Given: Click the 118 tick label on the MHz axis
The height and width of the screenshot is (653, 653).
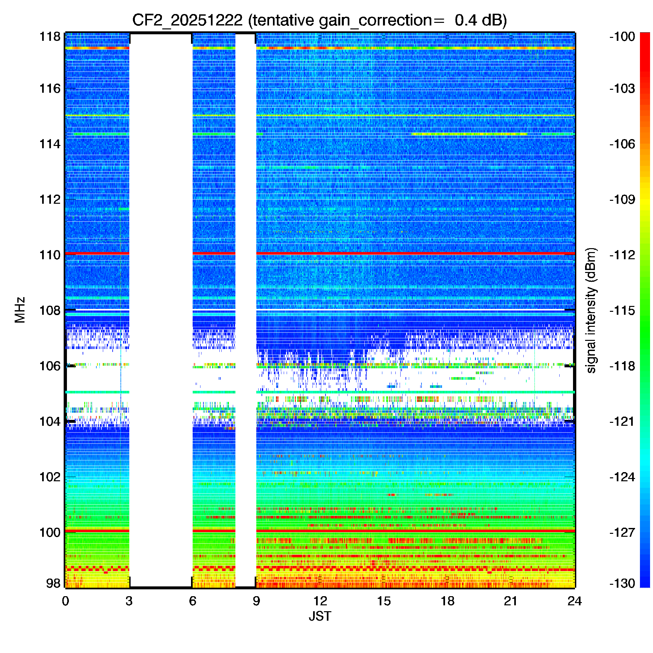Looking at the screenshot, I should point(50,37).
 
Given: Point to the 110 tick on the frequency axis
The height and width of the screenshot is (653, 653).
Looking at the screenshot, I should point(50,255).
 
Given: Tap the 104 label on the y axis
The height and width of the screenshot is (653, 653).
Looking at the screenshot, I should point(50,422).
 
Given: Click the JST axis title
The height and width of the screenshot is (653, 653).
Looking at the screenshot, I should point(320,616).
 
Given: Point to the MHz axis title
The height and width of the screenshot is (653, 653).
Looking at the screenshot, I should point(20,310).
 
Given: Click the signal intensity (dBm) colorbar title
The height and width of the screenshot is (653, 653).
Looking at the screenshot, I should point(591,310).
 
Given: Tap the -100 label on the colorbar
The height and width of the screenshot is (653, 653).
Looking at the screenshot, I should point(622,37).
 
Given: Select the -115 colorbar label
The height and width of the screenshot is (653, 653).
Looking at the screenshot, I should point(622,310).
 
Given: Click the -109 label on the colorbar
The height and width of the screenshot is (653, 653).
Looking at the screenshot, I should point(622,199).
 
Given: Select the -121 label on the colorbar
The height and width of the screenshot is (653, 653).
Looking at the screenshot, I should point(622,422).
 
